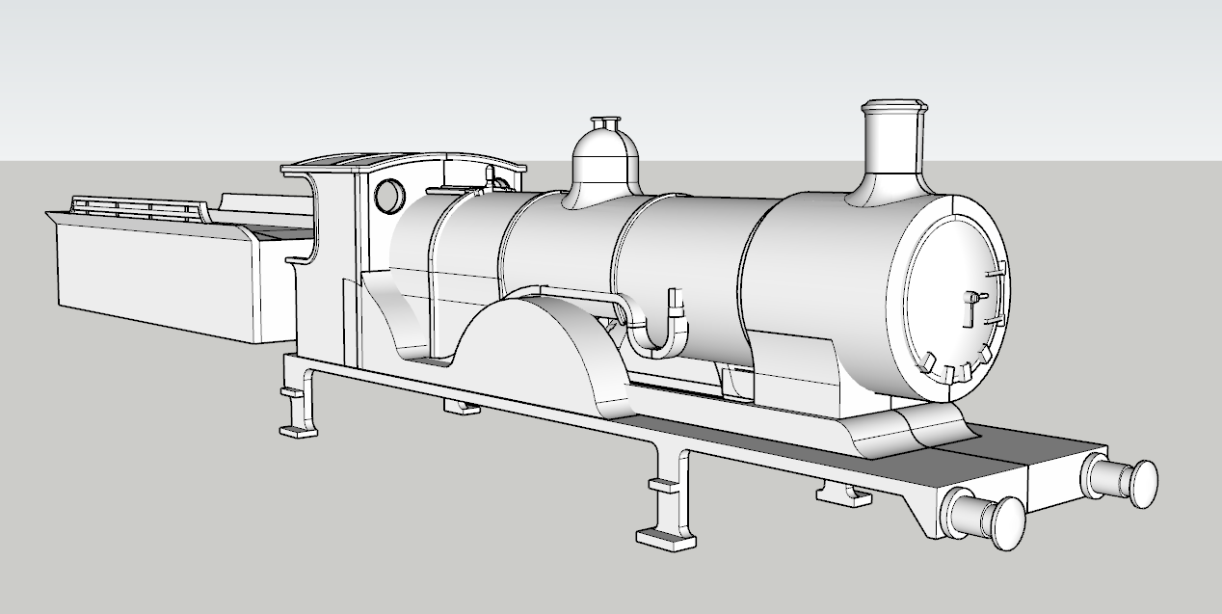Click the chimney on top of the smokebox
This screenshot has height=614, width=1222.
tap(892, 154)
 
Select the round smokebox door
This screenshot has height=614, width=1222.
tap(954, 299)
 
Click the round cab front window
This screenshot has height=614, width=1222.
tap(389, 196)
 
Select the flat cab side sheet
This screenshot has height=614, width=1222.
tap(332, 241)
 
